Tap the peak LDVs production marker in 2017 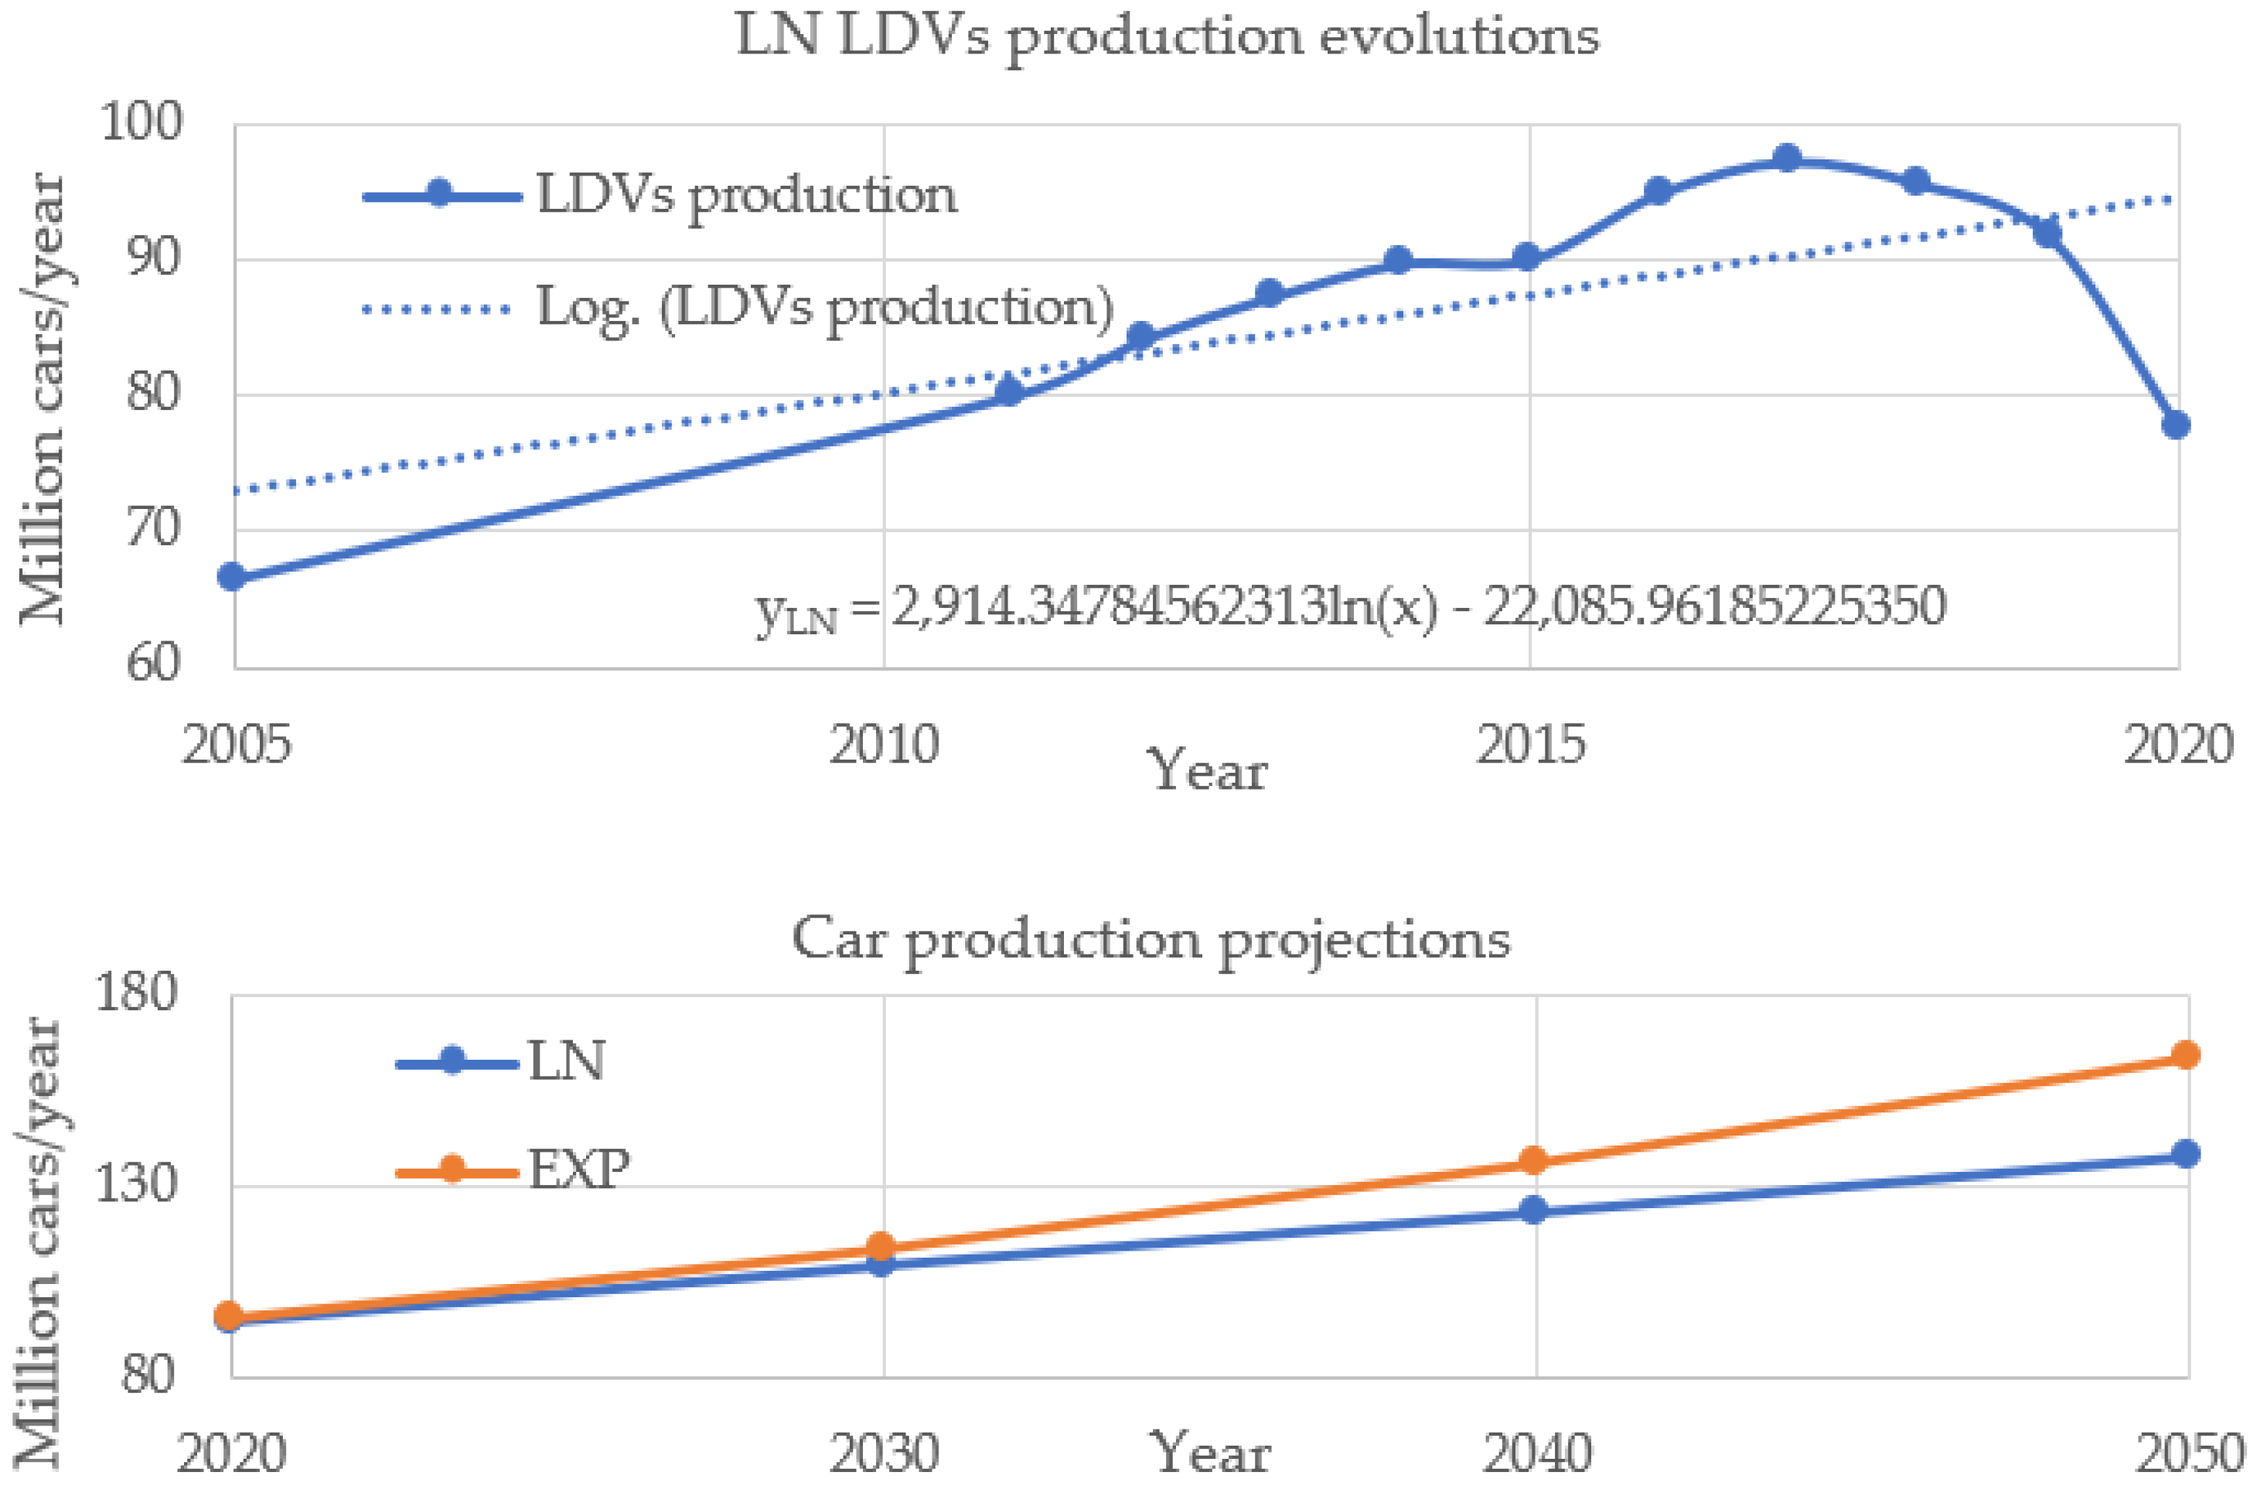(x=1787, y=157)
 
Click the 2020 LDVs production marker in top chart (x=2176, y=425)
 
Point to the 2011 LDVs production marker (x=1009, y=391)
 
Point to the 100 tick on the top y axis (x=141, y=124)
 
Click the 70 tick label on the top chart (x=152, y=529)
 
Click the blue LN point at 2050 (x=2185, y=1153)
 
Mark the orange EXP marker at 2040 (x=1532, y=1160)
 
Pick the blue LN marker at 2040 (x=1532, y=1210)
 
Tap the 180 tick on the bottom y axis (x=135, y=994)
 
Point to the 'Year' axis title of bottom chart (x=1210, y=1452)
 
